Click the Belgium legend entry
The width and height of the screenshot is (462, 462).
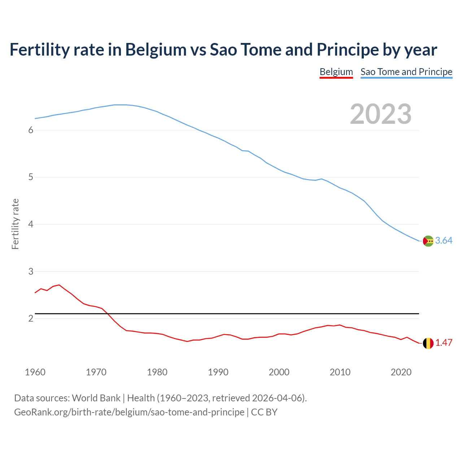(x=336, y=72)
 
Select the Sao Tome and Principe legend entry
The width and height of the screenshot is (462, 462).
(x=406, y=72)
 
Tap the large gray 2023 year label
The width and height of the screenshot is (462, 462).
(x=380, y=114)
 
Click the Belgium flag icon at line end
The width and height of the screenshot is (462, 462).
(x=428, y=343)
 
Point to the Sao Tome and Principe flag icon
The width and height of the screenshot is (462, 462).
(x=428, y=241)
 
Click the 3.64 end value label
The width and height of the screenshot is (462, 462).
(x=444, y=241)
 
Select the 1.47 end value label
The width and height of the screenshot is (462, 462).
(x=444, y=343)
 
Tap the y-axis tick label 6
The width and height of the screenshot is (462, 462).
(x=31, y=130)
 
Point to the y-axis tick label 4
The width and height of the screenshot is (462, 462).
(x=31, y=225)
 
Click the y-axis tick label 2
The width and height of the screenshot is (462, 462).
(x=31, y=319)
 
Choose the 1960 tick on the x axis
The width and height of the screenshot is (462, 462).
(x=35, y=372)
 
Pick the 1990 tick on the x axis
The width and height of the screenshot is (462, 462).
(x=218, y=372)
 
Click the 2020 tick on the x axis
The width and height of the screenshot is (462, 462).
(x=401, y=372)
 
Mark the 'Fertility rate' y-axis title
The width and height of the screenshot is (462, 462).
(x=15, y=224)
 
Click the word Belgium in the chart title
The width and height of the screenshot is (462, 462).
(x=156, y=50)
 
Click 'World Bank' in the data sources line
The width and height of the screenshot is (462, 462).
(x=96, y=398)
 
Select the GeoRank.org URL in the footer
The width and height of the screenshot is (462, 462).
(x=129, y=412)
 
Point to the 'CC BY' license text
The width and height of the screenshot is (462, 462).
(x=264, y=412)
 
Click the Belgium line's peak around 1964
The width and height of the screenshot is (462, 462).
(x=59, y=285)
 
